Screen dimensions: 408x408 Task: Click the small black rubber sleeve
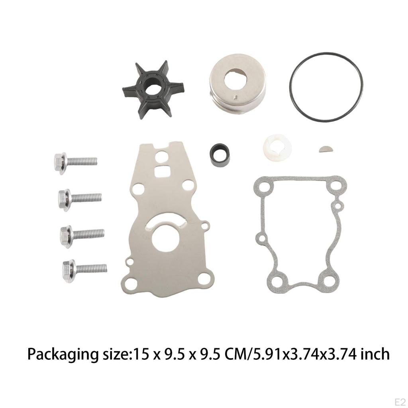(220, 155)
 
